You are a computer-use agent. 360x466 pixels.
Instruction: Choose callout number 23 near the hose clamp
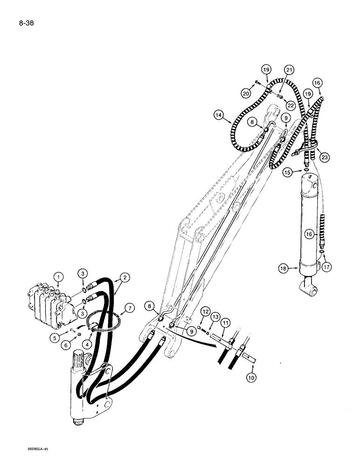[324, 158]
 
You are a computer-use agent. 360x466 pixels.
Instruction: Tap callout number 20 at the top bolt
[246, 93]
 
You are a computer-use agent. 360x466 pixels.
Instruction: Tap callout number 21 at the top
[290, 70]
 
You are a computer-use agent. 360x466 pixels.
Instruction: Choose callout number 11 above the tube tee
[226, 322]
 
